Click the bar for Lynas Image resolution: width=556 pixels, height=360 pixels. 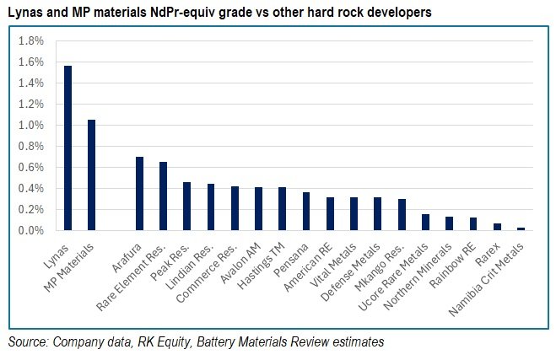(x=67, y=148)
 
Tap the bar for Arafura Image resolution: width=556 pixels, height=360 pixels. (x=139, y=193)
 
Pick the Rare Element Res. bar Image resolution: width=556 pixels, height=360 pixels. (x=163, y=196)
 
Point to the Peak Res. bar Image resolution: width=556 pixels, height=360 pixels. (x=186, y=206)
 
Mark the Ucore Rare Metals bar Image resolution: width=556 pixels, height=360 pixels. (x=426, y=222)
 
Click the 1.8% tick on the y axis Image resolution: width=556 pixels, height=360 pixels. (x=30, y=41)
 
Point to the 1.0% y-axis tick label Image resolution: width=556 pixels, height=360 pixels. (x=30, y=125)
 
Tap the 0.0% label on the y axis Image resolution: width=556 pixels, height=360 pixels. (x=30, y=230)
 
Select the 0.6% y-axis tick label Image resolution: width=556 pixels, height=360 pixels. (x=30, y=167)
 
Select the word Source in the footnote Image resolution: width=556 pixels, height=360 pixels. (x=28, y=342)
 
